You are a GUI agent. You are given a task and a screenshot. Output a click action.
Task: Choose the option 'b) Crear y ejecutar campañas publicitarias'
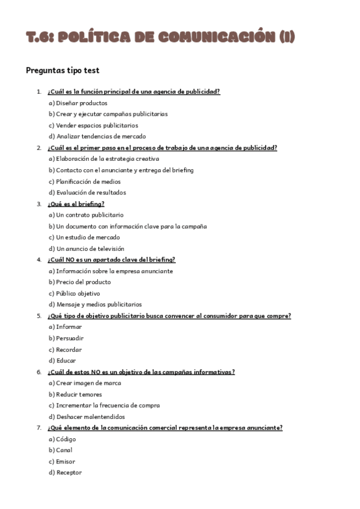click(108, 114)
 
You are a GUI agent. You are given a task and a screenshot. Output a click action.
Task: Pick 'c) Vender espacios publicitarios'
click(93, 125)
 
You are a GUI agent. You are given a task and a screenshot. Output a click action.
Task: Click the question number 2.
click(39, 148)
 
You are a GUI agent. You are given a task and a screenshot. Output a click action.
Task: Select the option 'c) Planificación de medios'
click(85, 181)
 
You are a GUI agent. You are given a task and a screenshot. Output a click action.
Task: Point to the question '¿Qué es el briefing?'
click(76, 203)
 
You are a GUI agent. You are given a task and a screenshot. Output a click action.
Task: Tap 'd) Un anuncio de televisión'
click(86, 248)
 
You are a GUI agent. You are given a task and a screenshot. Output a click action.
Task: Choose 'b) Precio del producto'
click(80, 282)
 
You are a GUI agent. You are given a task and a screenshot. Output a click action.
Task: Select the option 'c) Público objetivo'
click(74, 294)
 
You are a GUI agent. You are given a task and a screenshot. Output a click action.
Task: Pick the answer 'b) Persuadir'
click(66, 338)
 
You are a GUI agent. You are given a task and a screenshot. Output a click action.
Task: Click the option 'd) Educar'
click(62, 361)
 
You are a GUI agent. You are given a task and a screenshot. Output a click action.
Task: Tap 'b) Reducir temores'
click(75, 394)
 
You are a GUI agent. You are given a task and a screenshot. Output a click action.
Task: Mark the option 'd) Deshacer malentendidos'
click(86, 417)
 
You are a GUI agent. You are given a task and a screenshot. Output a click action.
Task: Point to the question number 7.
click(39, 428)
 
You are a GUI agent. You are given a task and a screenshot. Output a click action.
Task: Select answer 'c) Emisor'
click(62, 462)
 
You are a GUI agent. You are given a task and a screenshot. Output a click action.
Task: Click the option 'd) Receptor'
click(65, 473)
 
